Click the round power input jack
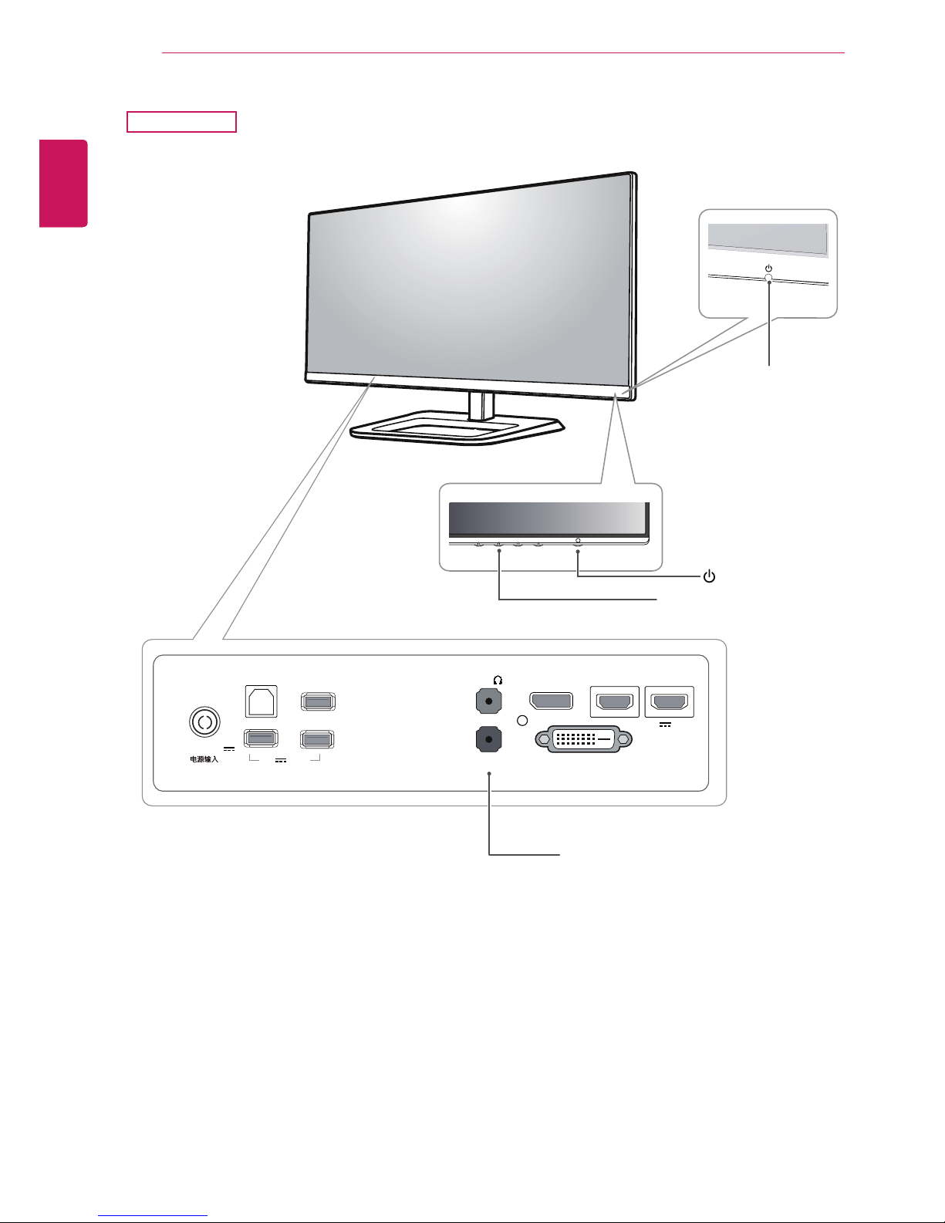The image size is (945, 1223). (204, 721)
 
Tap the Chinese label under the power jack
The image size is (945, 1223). (204, 759)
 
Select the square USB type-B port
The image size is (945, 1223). (261, 701)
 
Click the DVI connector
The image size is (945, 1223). (583, 739)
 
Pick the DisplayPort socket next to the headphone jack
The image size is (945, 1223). (552, 701)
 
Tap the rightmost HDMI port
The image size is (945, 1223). (670, 702)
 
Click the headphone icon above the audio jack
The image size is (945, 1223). (498, 680)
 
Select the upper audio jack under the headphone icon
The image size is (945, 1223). (489, 702)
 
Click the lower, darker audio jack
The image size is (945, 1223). (489, 739)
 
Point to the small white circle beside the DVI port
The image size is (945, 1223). (522, 721)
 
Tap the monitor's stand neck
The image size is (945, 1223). (481, 406)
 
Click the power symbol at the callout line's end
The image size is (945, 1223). (709, 576)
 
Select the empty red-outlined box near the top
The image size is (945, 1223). (182, 122)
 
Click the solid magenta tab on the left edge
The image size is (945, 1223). (63, 184)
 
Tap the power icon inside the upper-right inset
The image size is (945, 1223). (768, 269)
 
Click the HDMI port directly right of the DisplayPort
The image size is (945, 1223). (615, 702)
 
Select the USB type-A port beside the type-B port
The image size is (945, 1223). (318, 701)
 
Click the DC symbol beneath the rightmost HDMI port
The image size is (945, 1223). (665, 725)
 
